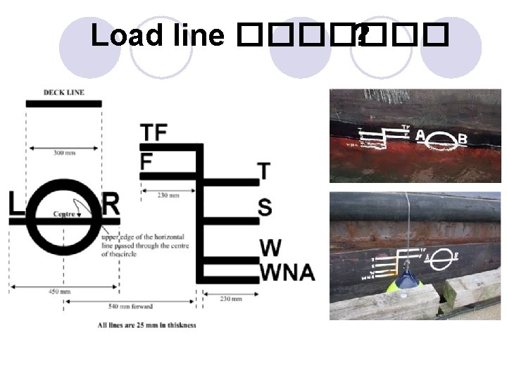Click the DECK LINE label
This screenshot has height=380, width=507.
click(x=63, y=92)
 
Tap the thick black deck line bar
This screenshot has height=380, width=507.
click(x=63, y=103)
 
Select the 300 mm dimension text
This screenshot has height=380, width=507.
click(x=64, y=152)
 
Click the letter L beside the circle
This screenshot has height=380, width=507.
click(x=16, y=205)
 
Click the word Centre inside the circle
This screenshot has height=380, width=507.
click(x=64, y=213)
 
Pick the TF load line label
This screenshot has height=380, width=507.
click(x=154, y=132)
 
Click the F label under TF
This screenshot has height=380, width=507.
click(x=146, y=161)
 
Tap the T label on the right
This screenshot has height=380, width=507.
click(x=264, y=171)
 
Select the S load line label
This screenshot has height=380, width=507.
click(x=265, y=208)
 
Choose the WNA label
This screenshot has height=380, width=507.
click(x=287, y=272)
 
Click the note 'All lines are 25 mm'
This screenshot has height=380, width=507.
click(x=147, y=325)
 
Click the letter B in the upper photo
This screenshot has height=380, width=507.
click(x=463, y=139)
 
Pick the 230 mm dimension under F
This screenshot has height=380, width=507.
click(x=167, y=195)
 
